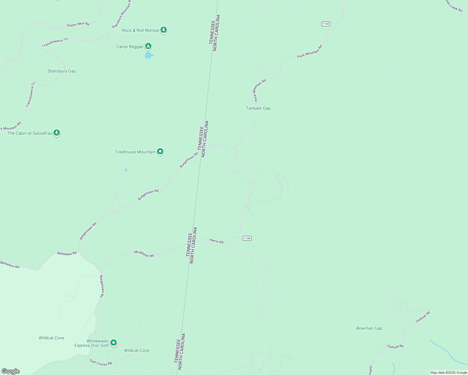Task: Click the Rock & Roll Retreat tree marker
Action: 163,30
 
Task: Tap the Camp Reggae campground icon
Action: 148,47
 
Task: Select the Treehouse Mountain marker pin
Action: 160,152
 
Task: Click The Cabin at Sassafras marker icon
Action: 56,133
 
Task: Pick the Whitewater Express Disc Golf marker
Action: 114,343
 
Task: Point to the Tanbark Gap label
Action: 258,108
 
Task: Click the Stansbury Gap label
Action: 62,71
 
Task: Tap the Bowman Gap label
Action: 369,328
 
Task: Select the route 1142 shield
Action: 326,24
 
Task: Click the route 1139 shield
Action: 247,238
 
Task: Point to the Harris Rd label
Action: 216,241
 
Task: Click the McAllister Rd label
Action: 144,254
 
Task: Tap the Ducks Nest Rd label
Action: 78,24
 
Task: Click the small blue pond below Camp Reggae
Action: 149,55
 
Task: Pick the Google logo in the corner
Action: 10,371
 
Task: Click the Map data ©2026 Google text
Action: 448,372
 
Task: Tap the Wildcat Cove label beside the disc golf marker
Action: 136,350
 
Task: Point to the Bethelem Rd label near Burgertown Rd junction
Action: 67,253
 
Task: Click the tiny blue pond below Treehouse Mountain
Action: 126,169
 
